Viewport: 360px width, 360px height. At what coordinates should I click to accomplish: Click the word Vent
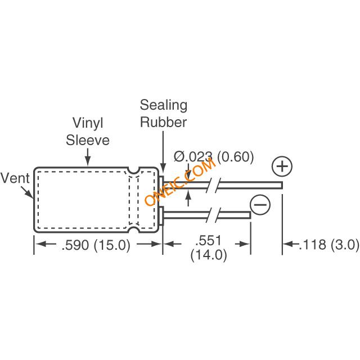pyautogui.click(x=15, y=178)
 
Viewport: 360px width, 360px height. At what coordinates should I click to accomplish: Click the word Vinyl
pyautogui.click(x=88, y=123)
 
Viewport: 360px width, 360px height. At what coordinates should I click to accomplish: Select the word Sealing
pyautogui.click(x=163, y=105)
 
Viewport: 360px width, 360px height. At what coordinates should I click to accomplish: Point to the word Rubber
pyautogui.click(x=163, y=121)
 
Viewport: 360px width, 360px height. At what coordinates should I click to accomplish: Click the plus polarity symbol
pyautogui.click(x=282, y=167)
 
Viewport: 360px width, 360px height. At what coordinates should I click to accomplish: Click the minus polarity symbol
pyautogui.click(x=260, y=205)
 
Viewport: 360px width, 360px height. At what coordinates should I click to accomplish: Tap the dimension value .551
pyautogui.click(x=210, y=240)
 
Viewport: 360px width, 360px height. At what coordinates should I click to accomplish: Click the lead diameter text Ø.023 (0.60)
pyautogui.click(x=214, y=156)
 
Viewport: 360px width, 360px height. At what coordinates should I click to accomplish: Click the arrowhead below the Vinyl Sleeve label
pyautogui.click(x=87, y=163)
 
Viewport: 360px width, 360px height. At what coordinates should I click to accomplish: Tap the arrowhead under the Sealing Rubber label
pyautogui.click(x=163, y=168)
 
